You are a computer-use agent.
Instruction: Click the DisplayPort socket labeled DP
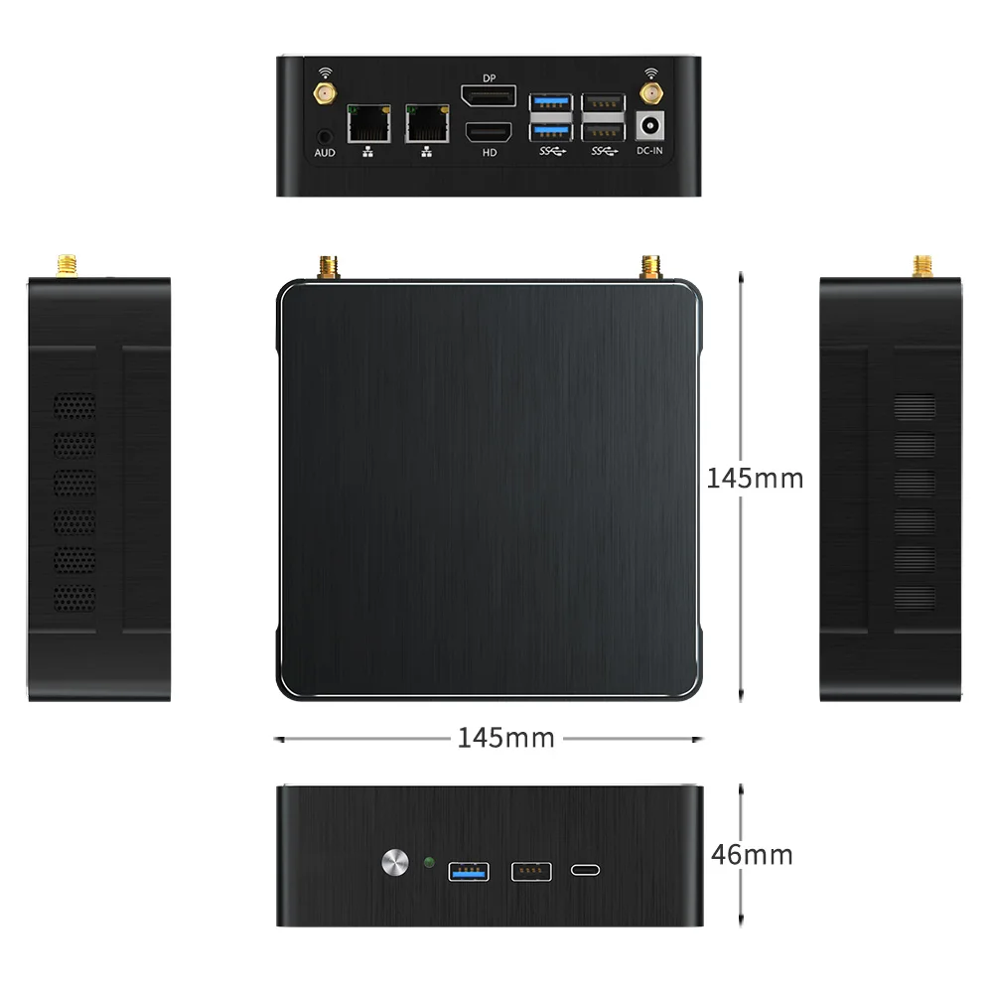point(488,97)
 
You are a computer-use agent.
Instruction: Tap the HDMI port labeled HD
point(488,132)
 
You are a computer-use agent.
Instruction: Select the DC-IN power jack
point(649,127)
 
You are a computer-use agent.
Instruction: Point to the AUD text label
point(324,152)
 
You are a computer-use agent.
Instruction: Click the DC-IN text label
point(649,151)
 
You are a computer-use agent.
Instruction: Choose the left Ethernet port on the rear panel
point(367,125)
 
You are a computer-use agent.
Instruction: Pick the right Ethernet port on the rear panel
point(426,125)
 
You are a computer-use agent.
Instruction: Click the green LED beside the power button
point(429,862)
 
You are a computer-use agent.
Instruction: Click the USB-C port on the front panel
point(586,871)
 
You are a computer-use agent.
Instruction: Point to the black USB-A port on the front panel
point(529,871)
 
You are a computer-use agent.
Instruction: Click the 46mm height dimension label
point(753,855)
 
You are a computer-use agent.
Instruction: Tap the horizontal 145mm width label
point(505,738)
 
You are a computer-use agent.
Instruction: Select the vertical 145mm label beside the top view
point(755,479)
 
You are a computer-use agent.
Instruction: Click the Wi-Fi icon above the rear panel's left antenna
point(324,72)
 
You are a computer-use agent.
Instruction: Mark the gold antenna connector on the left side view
point(67,265)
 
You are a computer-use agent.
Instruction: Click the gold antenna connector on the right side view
point(922,265)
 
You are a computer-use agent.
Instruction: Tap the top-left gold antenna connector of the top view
point(328,267)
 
